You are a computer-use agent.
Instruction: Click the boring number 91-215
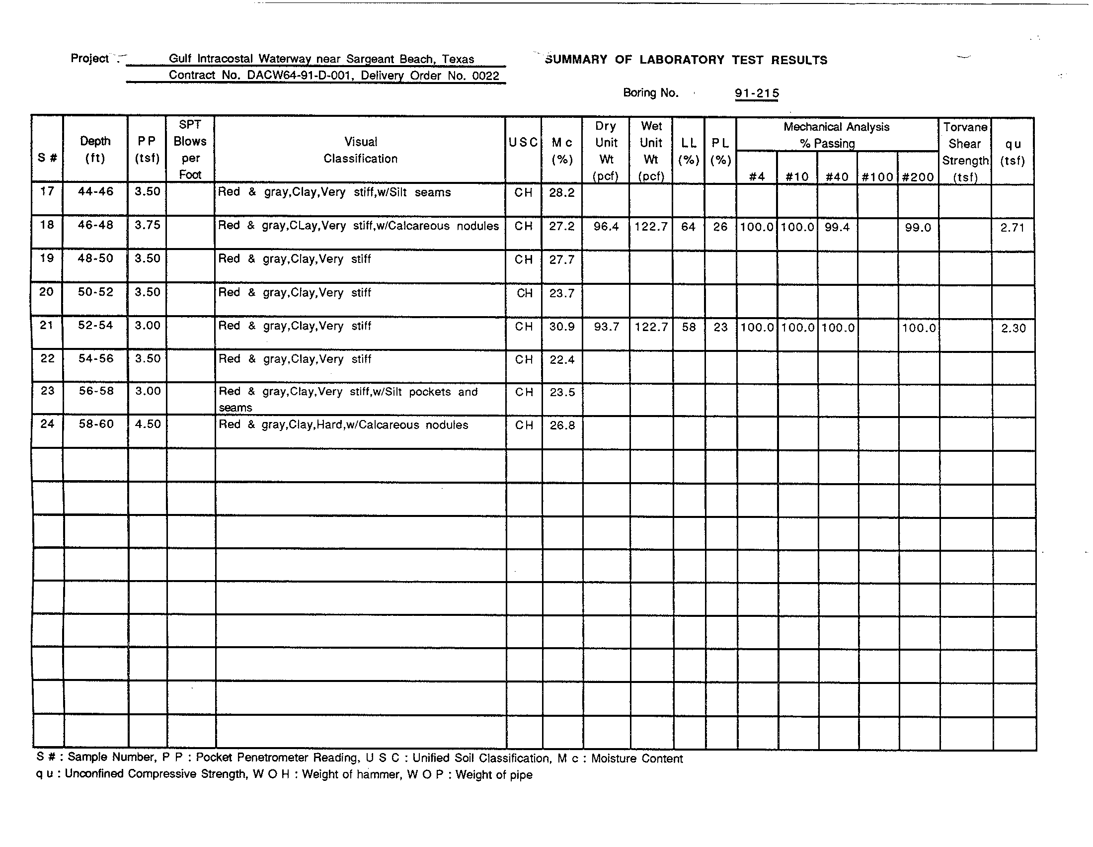pyautogui.click(x=756, y=93)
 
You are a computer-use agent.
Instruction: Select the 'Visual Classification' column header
pyautogui.click(x=360, y=150)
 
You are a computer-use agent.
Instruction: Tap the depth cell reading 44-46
pyautogui.click(x=95, y=192)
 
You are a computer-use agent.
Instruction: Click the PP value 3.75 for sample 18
pyautogui.click(x=148, y=225)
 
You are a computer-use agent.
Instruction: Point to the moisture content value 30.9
pyautogui.click(x=562, y=327)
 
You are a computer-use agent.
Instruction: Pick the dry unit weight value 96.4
pyautogui.click(x=606, y=227)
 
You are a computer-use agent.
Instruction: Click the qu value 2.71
pyautogui.click(x=1012, y=228)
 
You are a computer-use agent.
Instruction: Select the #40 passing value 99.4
pyautogui.click(x=837, y=227)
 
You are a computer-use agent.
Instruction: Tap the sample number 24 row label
pyautogui.click(x=47, y=424)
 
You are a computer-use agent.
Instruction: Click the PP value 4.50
pyautogui.click(x=148, y=424)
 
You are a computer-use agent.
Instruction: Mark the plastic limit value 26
pyautogui.click(x=720, y=227)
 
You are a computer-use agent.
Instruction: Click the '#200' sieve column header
pyautogui.click(x=918, y=177)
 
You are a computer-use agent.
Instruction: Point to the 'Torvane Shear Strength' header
pyautogui.click(x=965, y=152)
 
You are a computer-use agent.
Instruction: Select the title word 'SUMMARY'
pyautogui.click(x=575, y=60)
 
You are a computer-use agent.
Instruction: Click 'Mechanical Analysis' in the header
pyautogui.click(x=836, y=127)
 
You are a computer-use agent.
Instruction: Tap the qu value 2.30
pyautogui.click(x=1014, y=329)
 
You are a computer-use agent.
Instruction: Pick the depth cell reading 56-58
pyautogui.click(x=96, y=391)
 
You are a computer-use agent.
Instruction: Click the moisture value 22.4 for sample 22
pyautogui.click(x=562, y=360)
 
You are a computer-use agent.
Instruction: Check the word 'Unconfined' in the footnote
pyautogui.click(x=94, y=774)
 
